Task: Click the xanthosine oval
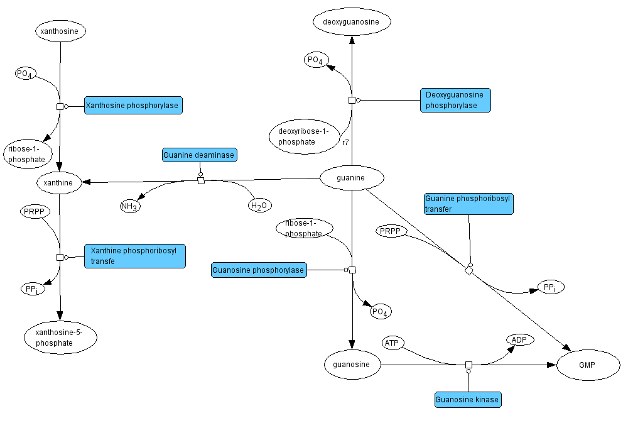point(60,31)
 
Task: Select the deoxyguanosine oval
point(352,23)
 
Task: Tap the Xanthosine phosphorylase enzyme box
point(133,106)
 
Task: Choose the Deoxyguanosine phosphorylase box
point(455,100)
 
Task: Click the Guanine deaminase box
point(198,155)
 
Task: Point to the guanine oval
point(352,178)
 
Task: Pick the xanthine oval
point(59,183)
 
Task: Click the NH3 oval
point(130,206)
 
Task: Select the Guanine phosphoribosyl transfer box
point(468,204)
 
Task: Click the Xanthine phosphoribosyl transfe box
point(134,256)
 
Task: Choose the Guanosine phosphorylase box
point(259,270)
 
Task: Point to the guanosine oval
point(352,364)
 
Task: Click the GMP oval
point(588,365)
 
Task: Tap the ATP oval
point(392,343)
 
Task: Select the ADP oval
point(519,340)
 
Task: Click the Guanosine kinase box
point(467,399)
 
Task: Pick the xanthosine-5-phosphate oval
point(60,338)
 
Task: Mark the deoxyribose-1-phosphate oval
point(304,136)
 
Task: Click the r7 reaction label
point(345,143)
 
